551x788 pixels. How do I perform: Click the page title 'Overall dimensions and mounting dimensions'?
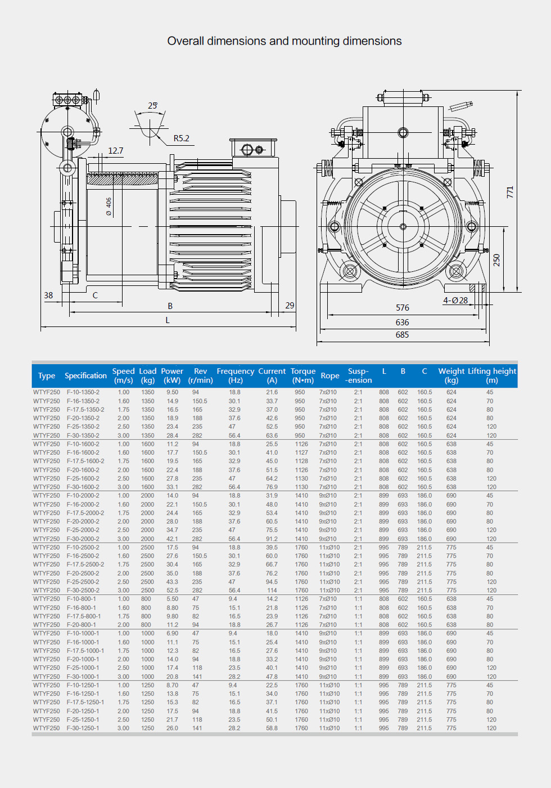click(x=284, y=41)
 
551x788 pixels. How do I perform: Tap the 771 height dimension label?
click(x=510, y=192)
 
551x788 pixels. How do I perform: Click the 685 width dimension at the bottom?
click(x=402, y=335)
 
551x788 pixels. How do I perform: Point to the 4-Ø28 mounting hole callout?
click(x=455, y=301)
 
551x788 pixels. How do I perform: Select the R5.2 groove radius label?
click(x=181, y=138)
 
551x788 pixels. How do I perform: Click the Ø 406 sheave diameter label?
click(x=109, y=207)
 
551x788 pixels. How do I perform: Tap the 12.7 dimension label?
click(x=116, y=151)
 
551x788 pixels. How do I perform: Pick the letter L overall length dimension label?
click(x=168, y=320)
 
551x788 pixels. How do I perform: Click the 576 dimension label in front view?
click(x=403, y=308)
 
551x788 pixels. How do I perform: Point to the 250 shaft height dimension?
click(x=496, y=260)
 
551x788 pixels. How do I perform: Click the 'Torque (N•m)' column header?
click(x=303, y=375)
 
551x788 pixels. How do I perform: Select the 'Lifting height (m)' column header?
click(x=492, y=375)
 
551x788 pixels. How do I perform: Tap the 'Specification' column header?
click(x=85, y=375)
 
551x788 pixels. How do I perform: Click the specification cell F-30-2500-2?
click(x=83, y=590)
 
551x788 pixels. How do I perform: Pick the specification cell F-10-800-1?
click(x=82, y=599)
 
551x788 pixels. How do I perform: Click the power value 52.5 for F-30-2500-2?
click(x=172, y=590)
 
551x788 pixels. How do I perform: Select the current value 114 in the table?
click(x=272, y=590)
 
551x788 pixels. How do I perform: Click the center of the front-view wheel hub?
click(x=403, y=227)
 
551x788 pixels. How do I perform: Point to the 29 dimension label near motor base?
click(x=290, y=306)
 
